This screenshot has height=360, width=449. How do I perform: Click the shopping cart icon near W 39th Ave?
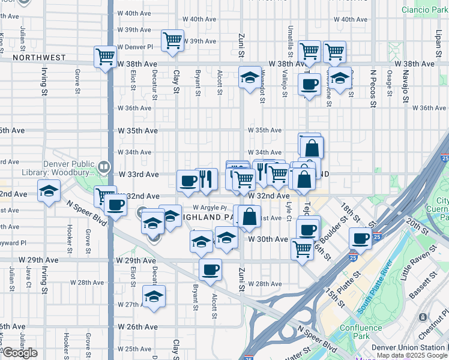[173, 41]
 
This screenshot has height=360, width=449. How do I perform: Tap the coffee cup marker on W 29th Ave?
[210, 269]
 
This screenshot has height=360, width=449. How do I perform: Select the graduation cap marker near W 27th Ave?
[154, 296]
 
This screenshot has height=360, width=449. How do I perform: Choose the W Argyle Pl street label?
[208, 208]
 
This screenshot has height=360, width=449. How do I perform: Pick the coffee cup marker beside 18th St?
[361, 238]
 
